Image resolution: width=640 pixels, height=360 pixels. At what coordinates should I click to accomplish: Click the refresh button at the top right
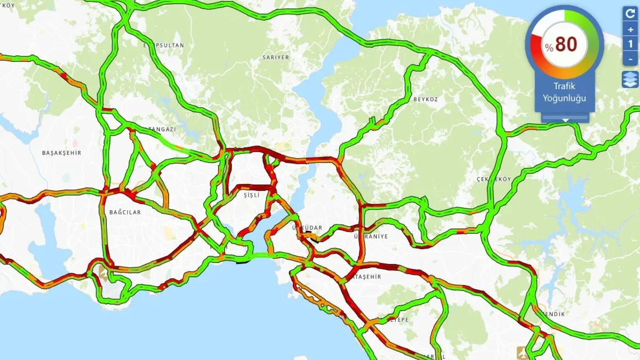[x=630, y=14]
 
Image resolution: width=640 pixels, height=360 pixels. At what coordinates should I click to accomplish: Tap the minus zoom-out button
[x=630, y=59]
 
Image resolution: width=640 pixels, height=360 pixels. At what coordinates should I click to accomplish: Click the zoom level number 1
[x=630, y=44]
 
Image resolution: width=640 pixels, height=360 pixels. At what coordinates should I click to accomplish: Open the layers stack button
[x=630, y=79]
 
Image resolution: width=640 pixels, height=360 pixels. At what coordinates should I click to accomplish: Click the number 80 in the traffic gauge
[x=566, y=45]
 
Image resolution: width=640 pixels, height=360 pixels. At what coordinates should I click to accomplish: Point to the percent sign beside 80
[x=549, y=48]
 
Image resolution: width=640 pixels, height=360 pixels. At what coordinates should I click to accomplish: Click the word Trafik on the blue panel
[x=564, y=86]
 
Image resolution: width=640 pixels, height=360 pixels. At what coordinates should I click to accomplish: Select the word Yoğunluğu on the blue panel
[x=564, y=98]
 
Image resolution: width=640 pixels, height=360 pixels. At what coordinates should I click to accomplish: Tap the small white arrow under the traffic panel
[x=565, y=120]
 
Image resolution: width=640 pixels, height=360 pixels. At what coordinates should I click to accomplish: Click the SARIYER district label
[x=276, y=57]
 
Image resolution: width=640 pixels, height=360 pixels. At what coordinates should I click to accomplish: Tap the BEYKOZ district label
[x=425, y=99]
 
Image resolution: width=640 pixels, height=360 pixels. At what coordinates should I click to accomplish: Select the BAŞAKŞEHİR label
[x=61, y=153]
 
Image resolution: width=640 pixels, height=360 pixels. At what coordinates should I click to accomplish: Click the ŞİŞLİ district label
[x=251, y=196]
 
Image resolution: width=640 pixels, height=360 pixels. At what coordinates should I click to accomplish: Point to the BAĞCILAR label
[x=125, y=212]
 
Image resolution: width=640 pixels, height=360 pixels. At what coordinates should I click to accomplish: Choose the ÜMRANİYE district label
[x=370, y=236]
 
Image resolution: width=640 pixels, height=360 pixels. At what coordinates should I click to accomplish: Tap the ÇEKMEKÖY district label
[x=493, y=179]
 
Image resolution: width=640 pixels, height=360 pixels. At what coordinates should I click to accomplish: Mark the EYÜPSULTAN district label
[x=163, y=45]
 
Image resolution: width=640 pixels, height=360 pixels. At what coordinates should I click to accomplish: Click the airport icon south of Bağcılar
[x=102, y=271]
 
